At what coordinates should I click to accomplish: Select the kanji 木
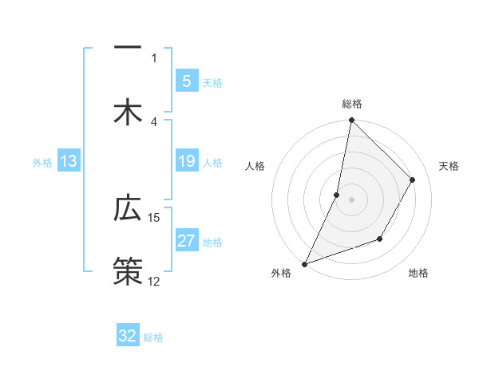(x=128, y=112)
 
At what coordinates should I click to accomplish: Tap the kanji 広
(x=128, y=208)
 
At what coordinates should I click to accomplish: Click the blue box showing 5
(x=186, y=81)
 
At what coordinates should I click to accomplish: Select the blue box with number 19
(x=186, y=162)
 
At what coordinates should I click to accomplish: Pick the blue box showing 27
(x=186, y=241)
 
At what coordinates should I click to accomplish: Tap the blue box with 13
(x=69, y=162)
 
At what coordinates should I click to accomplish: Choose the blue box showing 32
(x=128, y=336)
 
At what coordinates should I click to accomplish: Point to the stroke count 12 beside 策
(x=154, y=282)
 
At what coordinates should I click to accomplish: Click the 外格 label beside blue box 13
(x=42, y=163)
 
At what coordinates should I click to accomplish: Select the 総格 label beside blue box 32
(x=153, y=337)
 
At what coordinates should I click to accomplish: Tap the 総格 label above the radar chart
(x=351, y=104)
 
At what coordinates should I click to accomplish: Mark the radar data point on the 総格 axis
(x=351, y=120)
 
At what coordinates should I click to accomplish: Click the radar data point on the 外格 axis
(x=304, y=263)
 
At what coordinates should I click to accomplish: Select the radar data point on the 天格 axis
(x=413, y=180)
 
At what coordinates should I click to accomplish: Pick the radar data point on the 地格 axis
(x=380, y=239)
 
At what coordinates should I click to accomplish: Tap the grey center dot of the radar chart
(x=351, y=199)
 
